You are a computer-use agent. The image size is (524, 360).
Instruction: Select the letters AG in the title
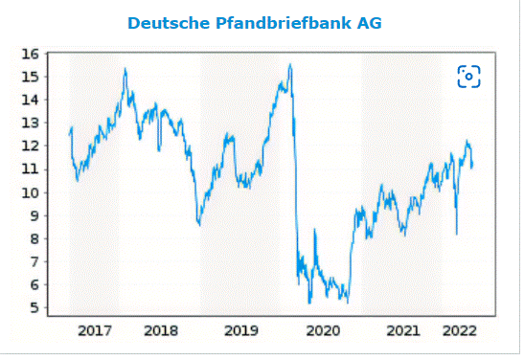[369, 22]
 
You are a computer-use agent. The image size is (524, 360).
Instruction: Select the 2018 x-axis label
[161, 331]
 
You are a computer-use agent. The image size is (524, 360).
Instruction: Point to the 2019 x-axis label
[241, 331]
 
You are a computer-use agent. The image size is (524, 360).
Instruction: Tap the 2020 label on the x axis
[322, 331]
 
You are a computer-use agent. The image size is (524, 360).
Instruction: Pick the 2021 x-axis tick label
[403, 331]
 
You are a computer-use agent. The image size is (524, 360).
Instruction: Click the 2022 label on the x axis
[460, 331]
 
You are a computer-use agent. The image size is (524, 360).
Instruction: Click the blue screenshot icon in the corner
[468, 77]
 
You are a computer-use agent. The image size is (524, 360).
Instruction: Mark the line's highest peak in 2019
[290, 65]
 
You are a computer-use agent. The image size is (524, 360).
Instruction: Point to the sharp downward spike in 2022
[456, 233]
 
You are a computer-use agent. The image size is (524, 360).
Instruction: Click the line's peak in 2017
[125, 69]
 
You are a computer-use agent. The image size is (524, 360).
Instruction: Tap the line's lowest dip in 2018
[198, 225]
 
